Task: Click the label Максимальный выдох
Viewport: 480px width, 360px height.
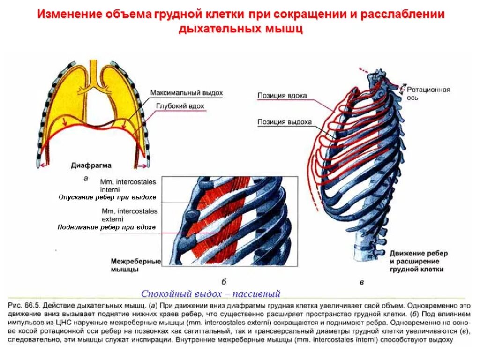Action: (x=186, y=93)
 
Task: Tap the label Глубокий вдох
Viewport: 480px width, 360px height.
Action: (x=180, y=106)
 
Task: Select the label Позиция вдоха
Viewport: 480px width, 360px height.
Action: (x=282, y=96)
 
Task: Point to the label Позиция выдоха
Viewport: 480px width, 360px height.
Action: (x=285, y=122)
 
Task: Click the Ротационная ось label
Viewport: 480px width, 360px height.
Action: (x=428, y=93)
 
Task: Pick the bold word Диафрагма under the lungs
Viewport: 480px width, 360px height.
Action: (x=91, y=165)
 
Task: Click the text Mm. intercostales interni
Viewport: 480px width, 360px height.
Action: (x=128, y=185)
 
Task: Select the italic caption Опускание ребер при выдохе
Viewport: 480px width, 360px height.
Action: (x=107, y=197)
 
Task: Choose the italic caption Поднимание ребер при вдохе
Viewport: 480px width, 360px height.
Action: (x=106, y=227)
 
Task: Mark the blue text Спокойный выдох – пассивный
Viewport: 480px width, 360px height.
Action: (x=210, y=294)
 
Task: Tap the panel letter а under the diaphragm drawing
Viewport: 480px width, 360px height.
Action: (x=86, y=178)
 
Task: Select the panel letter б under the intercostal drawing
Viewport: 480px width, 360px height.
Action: (x=224, y=281)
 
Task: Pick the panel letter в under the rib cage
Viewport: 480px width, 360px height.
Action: (x=361, y=282)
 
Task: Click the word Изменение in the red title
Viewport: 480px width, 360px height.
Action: (x=69, y=14)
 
